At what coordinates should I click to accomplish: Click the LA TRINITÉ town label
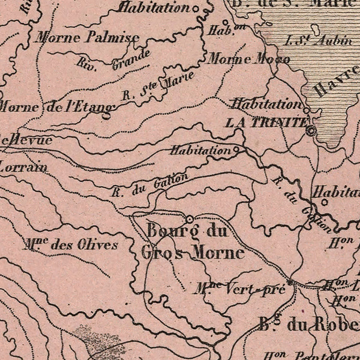(266, 122)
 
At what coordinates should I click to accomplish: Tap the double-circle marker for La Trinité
(311, 130)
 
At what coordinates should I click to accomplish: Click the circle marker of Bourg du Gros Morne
(190, 219)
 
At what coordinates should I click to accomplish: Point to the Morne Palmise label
(87, 38)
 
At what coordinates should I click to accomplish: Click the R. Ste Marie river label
(158, 86)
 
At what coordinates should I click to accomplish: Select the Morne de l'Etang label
(56, 107)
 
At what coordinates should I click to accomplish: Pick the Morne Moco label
(248, 59)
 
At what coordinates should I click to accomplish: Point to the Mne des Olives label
(70, 245)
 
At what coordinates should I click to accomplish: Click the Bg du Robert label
(308, 324)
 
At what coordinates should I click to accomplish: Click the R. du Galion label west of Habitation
(150, 186)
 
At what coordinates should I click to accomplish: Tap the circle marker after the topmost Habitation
(195, 8)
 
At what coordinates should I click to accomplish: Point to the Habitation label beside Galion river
(201, 150)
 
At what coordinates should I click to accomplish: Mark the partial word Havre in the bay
(336, 82)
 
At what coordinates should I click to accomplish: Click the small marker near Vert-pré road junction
(290, 282)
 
